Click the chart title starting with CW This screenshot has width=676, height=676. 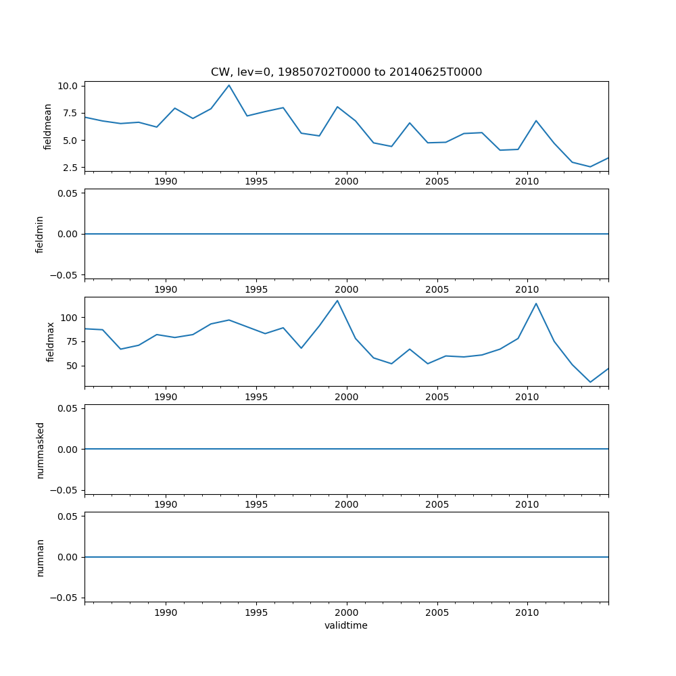tap(346, 72)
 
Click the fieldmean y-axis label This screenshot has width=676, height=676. tap(47, 126)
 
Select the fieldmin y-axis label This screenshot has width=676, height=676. tap(40, 234)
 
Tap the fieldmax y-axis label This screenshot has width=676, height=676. tap(50, 341)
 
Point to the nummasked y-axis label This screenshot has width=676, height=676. tap(40, 450)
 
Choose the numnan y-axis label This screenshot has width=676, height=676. tap(40, 557)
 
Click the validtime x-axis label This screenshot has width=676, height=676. tap(346, 625)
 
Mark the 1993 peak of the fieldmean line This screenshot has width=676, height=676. tap(229, 84)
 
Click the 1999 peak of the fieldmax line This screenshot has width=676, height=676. tap(337, 300)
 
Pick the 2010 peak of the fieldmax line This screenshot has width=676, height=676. tap(536, 303)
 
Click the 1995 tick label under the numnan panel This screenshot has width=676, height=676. tap(256, 612)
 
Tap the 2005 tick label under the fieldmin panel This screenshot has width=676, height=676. tap(437, 289)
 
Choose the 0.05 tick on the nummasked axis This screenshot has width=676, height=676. tap(70, 408)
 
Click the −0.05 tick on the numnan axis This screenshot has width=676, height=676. tap(67, 598)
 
